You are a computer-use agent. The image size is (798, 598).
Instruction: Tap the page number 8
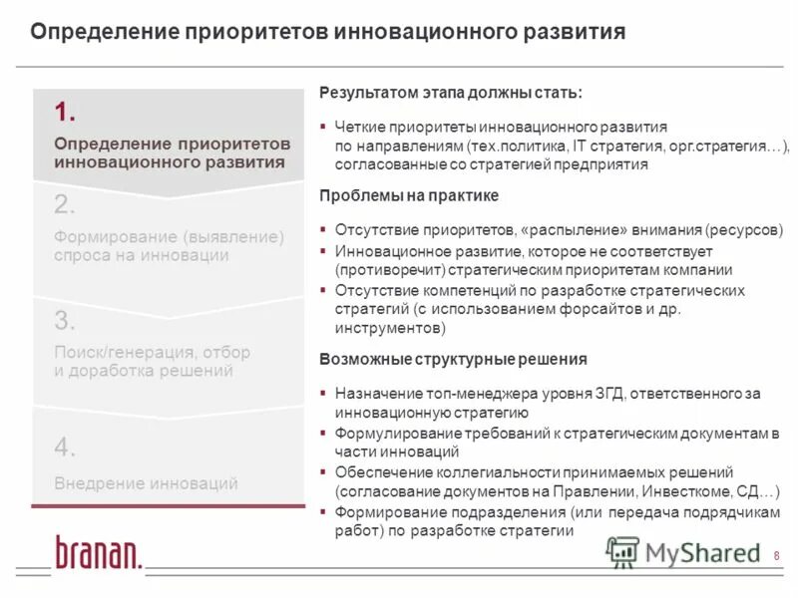click(777, 555)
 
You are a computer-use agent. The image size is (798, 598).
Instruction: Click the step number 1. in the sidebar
click(66, 111)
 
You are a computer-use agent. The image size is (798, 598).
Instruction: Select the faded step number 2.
click(66, 205)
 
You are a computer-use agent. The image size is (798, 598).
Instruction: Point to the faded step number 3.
click(66, 321)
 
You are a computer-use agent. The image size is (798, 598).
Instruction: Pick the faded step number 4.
click(66, 448)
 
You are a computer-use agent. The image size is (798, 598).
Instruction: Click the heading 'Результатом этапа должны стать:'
click(451, 93)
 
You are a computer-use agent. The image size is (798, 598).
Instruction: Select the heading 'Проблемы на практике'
click(409, 195)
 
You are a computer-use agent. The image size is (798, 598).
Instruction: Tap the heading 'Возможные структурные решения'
click(453, 359)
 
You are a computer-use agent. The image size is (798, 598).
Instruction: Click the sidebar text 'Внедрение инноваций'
click(146, 484)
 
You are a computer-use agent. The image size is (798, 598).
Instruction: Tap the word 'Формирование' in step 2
click(115, 237)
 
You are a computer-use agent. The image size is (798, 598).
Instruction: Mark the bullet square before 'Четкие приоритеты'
click(324, 128)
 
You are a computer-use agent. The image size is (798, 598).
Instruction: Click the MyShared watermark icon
click(623, 551)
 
